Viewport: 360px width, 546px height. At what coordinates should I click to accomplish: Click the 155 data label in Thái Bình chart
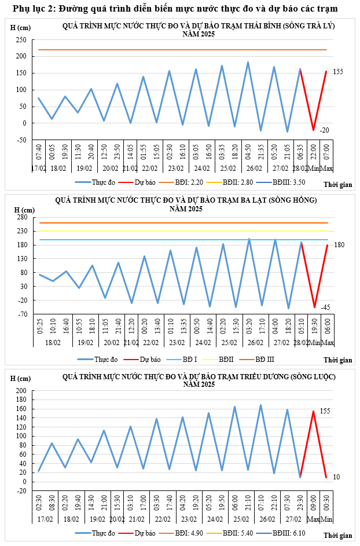pyautogui.click(x=338, y=72)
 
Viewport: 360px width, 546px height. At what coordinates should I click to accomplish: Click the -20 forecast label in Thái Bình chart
pyautogui.click(x=325, y=130)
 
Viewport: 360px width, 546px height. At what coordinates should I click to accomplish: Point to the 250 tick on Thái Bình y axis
pyautogui.click(x=21, y=39)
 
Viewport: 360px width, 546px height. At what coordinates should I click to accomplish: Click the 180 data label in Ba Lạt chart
pyautogui.click(x=339, y=245)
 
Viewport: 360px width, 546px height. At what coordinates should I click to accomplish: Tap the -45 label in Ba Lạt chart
pyautogui.click(x=325, y=307)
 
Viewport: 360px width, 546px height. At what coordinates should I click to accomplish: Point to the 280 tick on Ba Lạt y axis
pyautogui.click(x=22, y=217)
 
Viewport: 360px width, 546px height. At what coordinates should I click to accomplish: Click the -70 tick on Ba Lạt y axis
pyautogui.click(x=22, y=314)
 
